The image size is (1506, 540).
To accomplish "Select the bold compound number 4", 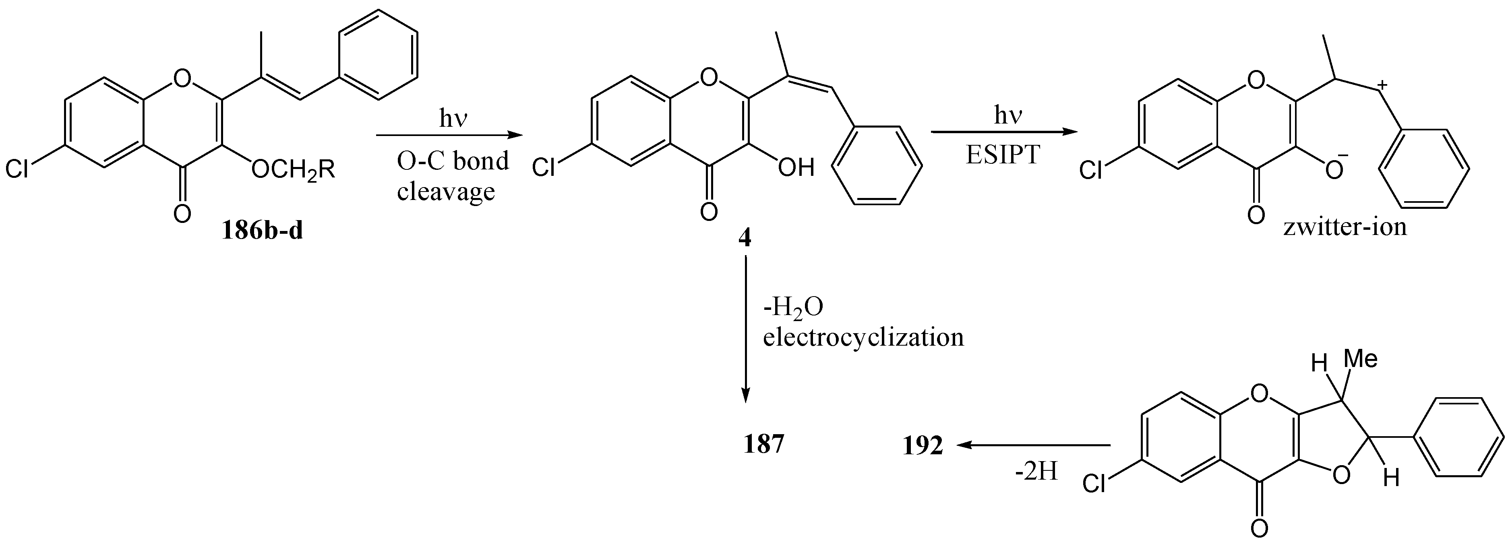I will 745,239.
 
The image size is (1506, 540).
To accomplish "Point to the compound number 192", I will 923,446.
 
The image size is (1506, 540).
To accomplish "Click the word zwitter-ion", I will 1345,226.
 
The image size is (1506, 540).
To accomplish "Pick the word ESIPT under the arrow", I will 1003,154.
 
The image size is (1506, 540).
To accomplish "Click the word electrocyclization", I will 863,337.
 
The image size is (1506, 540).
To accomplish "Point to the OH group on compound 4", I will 796,168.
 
